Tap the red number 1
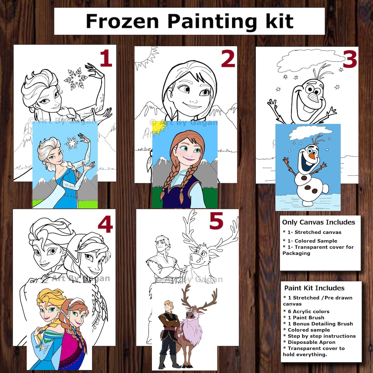(106, 59)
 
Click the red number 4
(105, 224)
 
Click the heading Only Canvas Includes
(318, 222)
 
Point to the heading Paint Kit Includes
(314, 288)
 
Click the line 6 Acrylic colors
(306, 311)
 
